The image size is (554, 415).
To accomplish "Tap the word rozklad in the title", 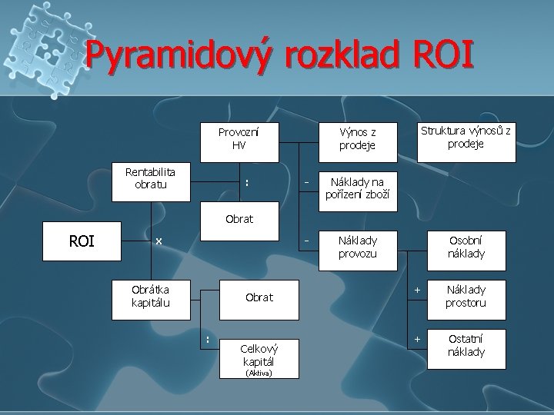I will (332, 55).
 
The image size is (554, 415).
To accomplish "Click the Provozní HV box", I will (239, 138).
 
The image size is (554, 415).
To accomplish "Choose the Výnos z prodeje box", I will (357, 138).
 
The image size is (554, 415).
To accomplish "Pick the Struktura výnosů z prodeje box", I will (466, 138).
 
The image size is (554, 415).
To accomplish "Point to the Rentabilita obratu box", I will (150, 180).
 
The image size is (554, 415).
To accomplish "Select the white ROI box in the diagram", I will (82, 241).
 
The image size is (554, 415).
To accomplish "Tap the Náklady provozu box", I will (357, 245).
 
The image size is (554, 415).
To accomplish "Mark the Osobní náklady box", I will (466, 245).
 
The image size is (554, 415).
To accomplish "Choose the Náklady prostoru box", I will (466, 297).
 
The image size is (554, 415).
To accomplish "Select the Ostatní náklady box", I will (466, 345).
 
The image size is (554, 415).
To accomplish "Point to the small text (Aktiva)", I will (259, 373).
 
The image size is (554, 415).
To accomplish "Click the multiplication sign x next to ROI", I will (159, 241).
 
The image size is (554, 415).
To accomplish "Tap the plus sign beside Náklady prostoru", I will (417, 290).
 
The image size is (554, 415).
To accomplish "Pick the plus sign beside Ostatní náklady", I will (417, 338).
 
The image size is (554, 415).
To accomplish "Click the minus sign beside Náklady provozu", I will (307, 241).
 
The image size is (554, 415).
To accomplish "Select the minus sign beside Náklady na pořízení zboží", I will (307, 182).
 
